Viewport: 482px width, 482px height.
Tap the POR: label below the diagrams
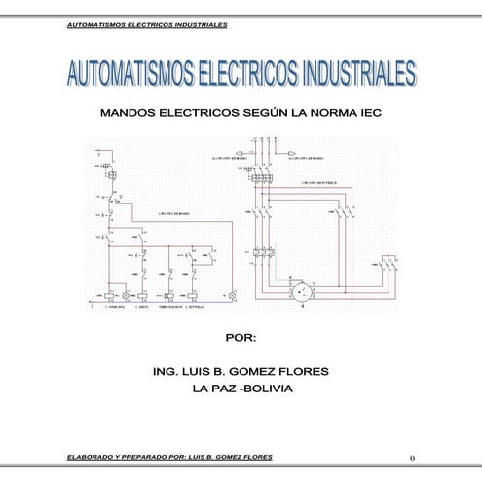(x=240, y=338)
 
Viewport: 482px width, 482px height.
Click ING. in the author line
(x=167, y=372)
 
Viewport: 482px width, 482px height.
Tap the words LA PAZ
(x=214, y=389)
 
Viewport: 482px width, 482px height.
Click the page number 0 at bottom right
(x=413, y=457)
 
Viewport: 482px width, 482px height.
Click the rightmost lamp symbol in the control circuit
(x=232, y=294)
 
